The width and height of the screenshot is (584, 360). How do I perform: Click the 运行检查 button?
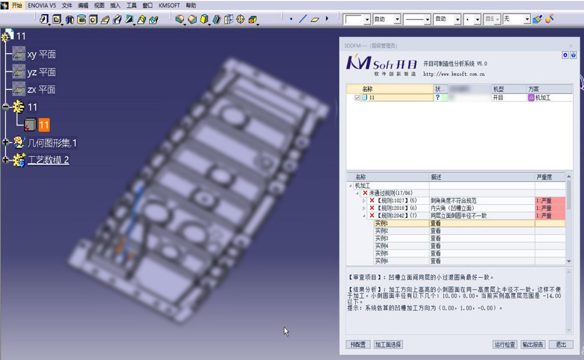(x=505, y=345)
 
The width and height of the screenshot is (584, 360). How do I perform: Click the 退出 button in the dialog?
(x=561, y=345)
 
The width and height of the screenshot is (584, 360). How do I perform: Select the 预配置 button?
(x=358, y=345)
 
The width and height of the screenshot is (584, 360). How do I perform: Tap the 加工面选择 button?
(x=388, y=345)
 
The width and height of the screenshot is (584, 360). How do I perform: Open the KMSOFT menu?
(x=169, y=5)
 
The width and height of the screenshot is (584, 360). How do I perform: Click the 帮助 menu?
(x=191, y=5)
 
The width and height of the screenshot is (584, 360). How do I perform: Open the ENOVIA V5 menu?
(x=42, y=5)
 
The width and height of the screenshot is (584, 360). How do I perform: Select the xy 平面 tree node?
(x=41, y=55)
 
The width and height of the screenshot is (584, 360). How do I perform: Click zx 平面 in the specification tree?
(x=41, y=90)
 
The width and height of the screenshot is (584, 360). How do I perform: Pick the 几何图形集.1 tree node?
(x=52, y=143)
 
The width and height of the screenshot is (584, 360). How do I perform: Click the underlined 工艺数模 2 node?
(x=48, y=160)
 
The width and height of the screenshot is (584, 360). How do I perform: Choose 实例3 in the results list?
(x=382, y=238)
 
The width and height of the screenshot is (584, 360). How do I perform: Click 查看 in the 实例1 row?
(x=436, y=224)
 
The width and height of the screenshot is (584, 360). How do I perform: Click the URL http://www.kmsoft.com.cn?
(x=454, y=74)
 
